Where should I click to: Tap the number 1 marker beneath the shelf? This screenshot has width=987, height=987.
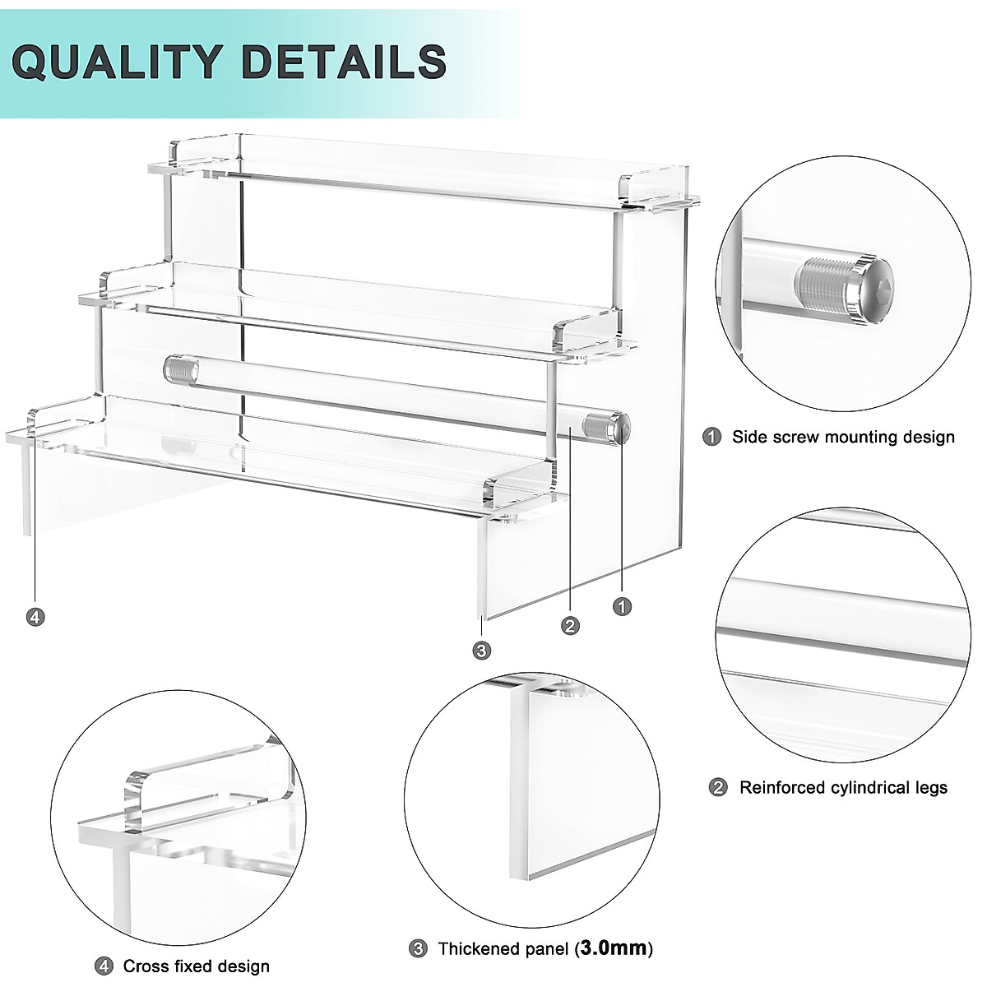tap(623, 606)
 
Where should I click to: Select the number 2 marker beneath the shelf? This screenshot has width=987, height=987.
tap(570, 626)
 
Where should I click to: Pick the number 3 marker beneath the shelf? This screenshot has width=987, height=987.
tap(482, 651)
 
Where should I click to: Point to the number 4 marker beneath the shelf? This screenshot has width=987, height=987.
tap(35, 616)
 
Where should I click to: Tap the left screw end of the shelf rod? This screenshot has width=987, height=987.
tap(177, 367)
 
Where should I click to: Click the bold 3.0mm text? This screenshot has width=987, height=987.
tap(614, 948)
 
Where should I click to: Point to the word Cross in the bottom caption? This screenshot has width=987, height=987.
tap(144, 966)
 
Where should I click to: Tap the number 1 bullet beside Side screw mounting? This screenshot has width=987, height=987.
tap(712, 437)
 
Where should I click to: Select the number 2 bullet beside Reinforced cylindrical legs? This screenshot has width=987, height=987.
tap(718, 788)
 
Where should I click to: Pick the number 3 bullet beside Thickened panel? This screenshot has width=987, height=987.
tap(418, 948)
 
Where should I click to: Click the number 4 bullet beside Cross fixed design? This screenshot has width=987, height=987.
tap(104, 966)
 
